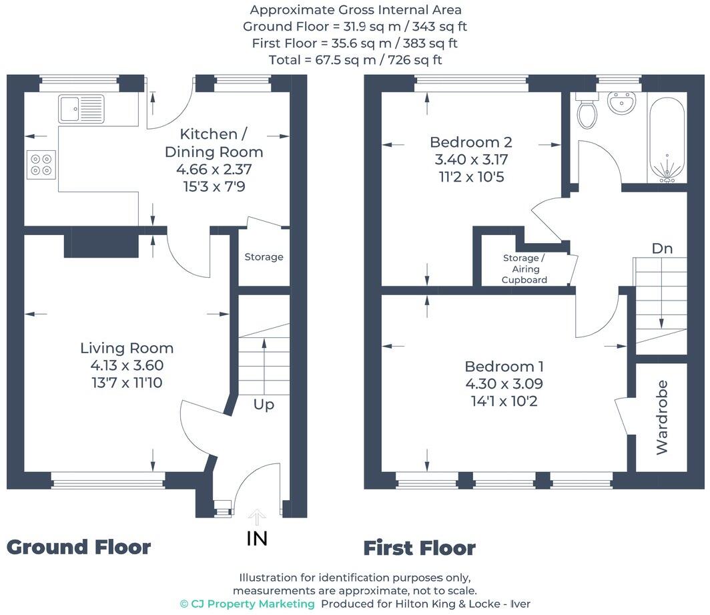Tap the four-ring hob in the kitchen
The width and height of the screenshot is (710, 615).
click(x=41, y=164)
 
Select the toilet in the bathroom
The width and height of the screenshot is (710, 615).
click(x=587, y=113)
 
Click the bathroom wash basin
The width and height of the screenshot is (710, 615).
click(x=622, y=105)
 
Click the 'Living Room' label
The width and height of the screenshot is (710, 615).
click(x=127, y=348)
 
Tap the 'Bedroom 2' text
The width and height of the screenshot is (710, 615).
click(x=470, y=142)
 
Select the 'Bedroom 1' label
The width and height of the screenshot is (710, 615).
click(x=504, y=367)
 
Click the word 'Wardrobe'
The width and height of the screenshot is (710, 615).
click(x=662, y=417)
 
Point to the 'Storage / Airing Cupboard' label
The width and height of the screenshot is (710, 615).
click(x=524, y=268)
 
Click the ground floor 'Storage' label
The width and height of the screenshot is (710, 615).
click(x=264, y=257)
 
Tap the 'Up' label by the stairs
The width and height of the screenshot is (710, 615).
click(x=264, y=405)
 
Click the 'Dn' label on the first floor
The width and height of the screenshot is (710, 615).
click(x=662, y=248)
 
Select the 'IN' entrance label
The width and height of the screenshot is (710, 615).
click(x=257, y=538)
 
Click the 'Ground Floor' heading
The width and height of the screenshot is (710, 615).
click(x=79, y=547)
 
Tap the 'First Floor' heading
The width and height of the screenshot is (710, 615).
click(x=419, y=548)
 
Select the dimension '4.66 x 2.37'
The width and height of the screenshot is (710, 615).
click(x=214, y=170)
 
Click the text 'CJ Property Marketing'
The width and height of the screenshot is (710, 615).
click(x=253, y=604)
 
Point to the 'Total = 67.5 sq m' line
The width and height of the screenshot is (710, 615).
click(x=356, y=60)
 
